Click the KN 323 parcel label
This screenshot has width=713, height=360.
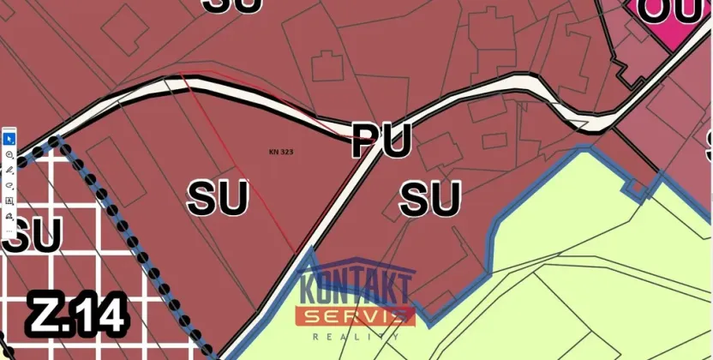point(281,152)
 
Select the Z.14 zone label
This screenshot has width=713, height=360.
point(78,315)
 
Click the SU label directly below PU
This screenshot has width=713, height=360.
point(431,200)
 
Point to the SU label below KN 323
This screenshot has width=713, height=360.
point(218,199)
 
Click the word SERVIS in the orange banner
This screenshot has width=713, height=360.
point(355,316)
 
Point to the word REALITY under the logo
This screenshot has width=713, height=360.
point(355,338)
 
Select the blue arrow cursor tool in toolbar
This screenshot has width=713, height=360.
point(9,139)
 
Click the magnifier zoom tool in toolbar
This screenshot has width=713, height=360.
point(9,154)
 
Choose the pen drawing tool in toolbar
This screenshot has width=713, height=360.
point(9,170)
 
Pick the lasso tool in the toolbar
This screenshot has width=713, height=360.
point(9,184)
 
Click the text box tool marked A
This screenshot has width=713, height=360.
point(9,200)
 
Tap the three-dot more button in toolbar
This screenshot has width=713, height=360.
point(9,231)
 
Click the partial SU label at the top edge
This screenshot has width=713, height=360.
point(234,5)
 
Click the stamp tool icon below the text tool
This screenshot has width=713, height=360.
point(9,215)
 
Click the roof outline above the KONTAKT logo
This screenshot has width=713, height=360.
point(355,262)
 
